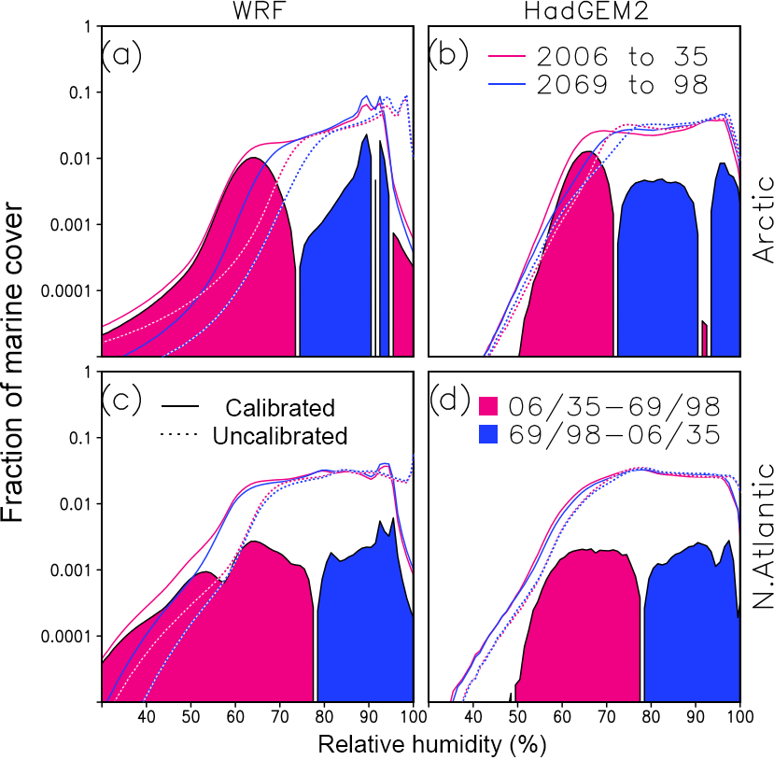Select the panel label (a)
(x=121, y=56)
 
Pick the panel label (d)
(x=447, y=402)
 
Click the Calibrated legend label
(x=280, y=408)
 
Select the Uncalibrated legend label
(x=280, y=436)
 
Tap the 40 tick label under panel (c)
(x=146, y=717)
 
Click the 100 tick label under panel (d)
(x=738, y=717)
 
